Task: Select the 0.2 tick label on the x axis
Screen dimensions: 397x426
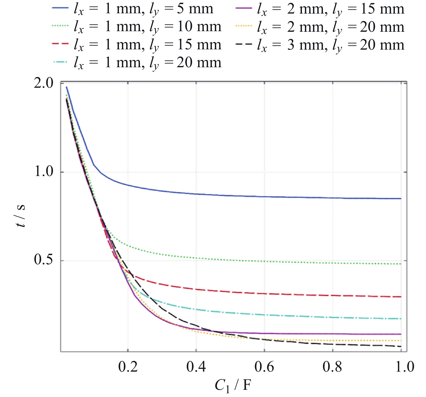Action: tap(128, 367)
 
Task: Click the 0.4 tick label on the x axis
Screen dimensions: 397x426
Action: tap(196, 367)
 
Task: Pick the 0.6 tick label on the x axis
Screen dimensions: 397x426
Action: tap(264, 367)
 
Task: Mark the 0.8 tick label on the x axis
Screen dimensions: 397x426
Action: tap(332, 367)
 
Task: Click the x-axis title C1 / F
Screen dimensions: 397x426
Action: tap(233, 385)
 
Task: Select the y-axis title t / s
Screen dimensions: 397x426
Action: tap(21, 216)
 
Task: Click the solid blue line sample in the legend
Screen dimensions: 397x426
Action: tap(60, 8)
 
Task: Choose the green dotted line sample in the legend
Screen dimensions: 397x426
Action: tap(60, 26)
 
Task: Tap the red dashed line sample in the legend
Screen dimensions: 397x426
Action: tap(60, 44)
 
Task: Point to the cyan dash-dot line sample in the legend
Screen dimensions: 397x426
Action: tap(60, 62)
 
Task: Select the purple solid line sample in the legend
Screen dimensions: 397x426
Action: tap(244, 8)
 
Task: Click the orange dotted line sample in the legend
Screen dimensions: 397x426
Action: tap(244, 26)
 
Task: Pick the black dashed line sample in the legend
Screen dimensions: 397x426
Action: tap(244, 44)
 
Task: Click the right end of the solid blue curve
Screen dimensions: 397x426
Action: tap(401, 198)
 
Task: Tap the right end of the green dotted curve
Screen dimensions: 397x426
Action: tap(401, 264)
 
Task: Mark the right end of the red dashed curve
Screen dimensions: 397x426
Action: tap(401, 297)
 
